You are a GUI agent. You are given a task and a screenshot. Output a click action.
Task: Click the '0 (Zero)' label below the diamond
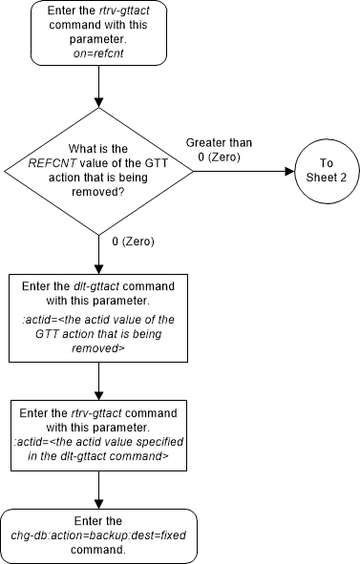point(133,241)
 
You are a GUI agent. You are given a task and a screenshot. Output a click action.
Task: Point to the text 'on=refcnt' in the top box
point(99,54)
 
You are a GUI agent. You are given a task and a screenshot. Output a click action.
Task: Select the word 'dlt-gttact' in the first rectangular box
point(104,286)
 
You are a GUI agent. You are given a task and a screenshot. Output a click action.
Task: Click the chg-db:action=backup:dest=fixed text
point(99,536)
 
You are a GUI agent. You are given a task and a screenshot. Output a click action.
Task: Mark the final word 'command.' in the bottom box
point(99,551)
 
